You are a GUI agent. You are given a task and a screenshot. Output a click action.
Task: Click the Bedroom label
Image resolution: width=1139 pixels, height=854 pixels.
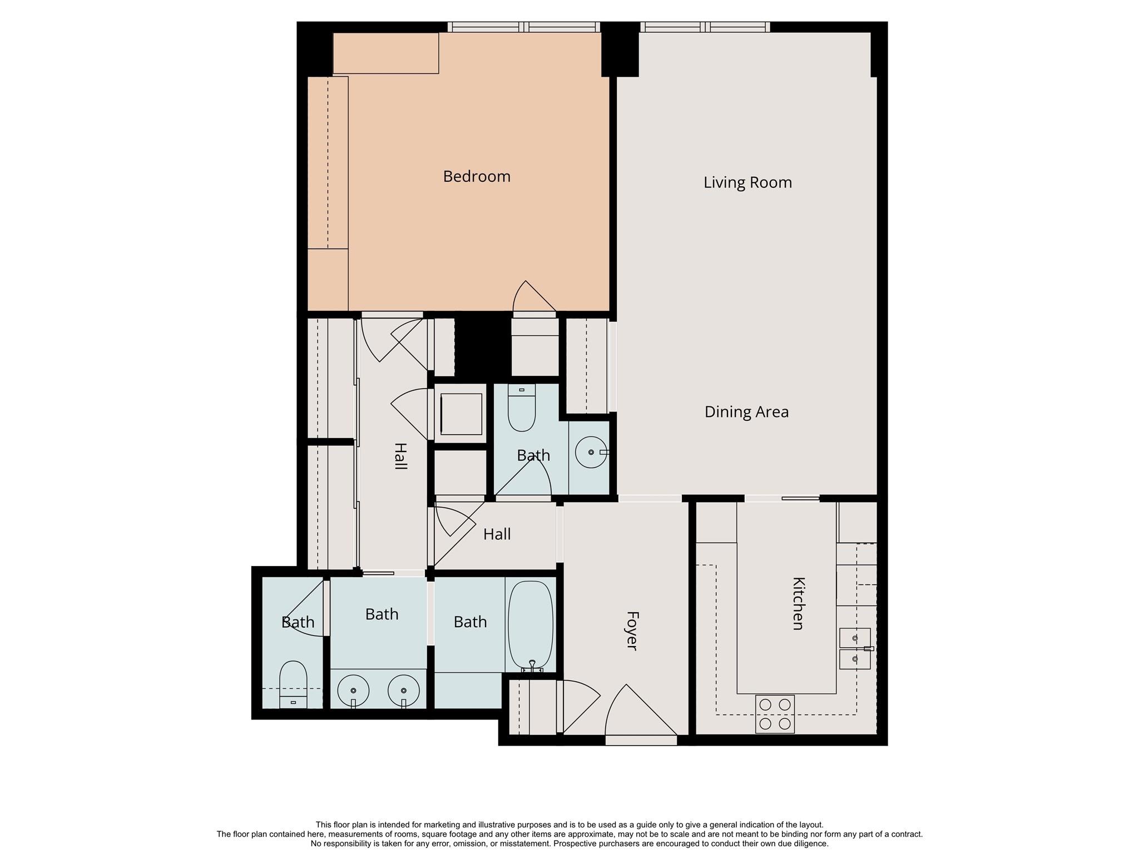477,176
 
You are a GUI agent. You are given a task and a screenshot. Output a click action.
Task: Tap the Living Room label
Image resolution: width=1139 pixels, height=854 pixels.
747,182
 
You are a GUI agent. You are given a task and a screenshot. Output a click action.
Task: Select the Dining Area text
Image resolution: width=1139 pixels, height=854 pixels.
746,412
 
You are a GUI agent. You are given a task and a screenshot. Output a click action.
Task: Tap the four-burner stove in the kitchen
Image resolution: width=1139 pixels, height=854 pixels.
775,714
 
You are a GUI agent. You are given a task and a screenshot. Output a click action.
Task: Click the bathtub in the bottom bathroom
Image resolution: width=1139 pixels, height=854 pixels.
531,625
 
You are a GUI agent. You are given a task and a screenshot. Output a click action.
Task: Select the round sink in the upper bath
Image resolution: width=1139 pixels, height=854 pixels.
591,452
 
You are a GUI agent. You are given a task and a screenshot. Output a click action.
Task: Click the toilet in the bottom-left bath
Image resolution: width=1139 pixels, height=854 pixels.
293,684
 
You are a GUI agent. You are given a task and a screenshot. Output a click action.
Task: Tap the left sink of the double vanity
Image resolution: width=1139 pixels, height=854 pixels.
353,691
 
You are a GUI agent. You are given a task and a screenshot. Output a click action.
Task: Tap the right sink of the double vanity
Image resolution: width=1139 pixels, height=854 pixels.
403,691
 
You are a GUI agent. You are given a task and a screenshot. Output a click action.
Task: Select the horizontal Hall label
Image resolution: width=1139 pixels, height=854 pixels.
497,534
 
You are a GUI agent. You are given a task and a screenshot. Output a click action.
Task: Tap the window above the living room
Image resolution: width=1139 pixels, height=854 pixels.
705,27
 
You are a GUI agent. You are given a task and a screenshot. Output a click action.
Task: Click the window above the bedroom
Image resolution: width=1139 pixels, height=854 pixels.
523,27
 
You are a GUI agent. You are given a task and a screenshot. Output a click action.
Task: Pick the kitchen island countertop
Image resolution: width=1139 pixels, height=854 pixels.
786,598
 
